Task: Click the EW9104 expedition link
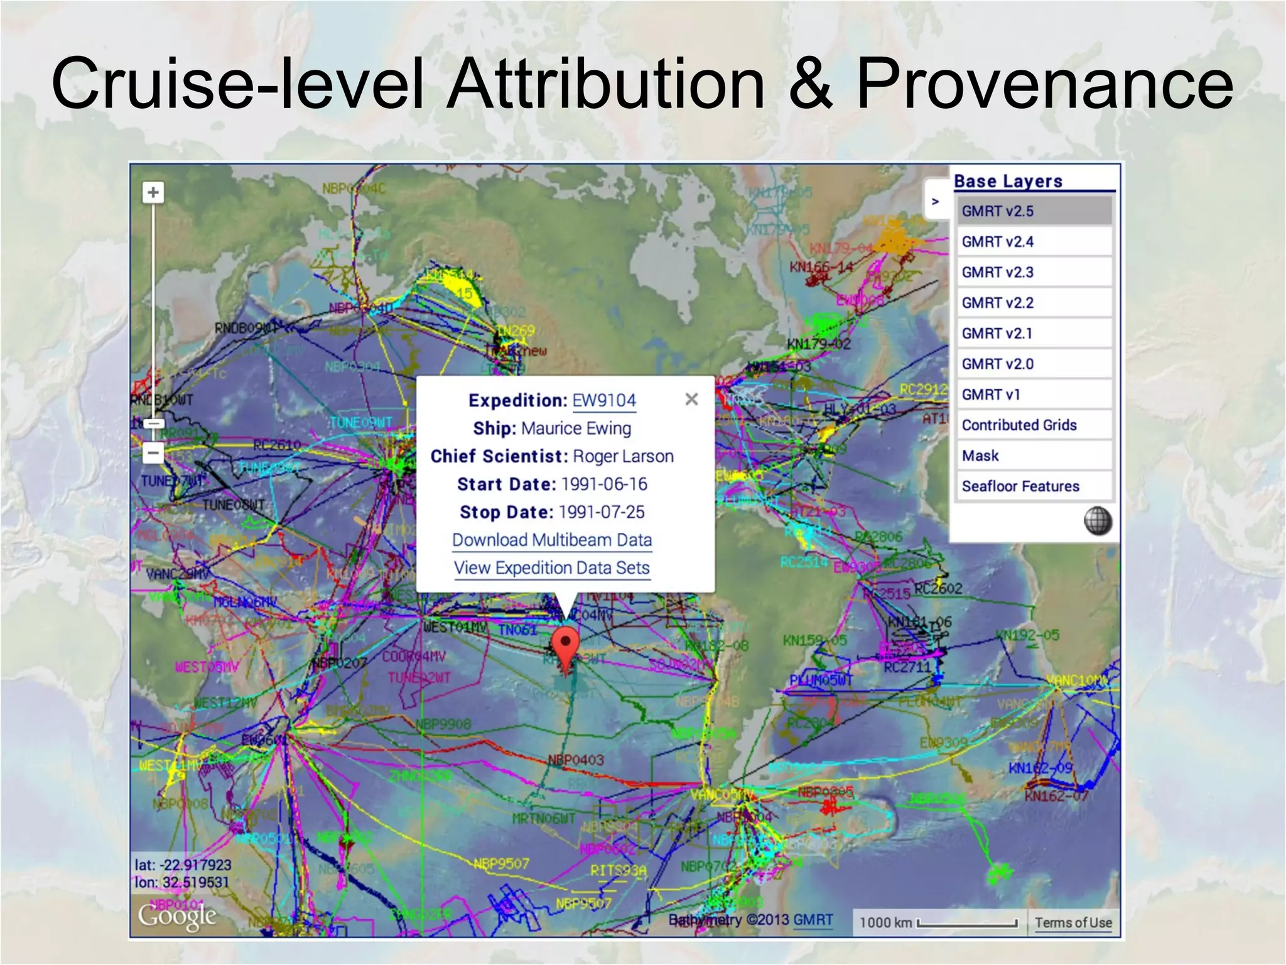[x=603, y=400]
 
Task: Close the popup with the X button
[x=691, y=399]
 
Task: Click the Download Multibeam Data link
[x=552, y=540]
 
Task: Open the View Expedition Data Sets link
[x=552, y=568]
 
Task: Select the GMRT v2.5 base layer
[x=1034, y=211]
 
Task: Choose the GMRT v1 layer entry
[x=1034, y=395]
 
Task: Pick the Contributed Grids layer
[x=1034, y=425]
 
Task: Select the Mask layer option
[x=1034, y=455]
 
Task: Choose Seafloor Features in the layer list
[x=1034, y=486]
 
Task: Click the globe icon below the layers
[x=1098, y=521]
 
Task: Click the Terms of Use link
[x=1073, y=922]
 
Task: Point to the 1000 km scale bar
[x=967, y=923]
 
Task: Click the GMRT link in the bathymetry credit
[x=813, y=920]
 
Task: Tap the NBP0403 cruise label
[x=576, y=760]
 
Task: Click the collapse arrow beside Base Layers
[x=935, y=202]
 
